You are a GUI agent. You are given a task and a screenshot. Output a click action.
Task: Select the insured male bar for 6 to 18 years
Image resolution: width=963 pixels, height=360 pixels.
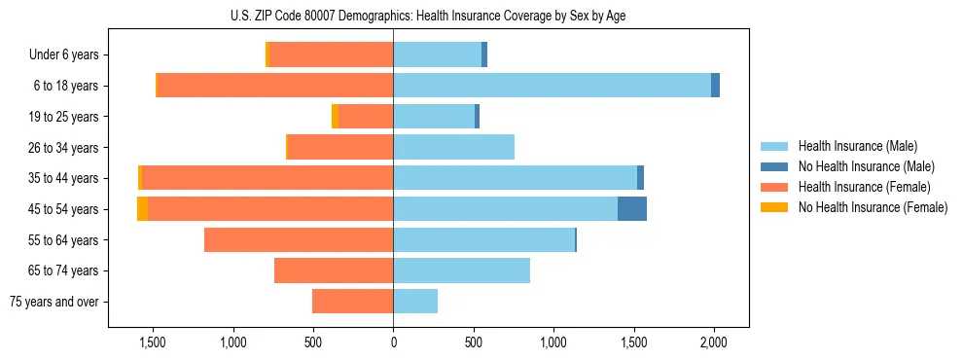point(552,86)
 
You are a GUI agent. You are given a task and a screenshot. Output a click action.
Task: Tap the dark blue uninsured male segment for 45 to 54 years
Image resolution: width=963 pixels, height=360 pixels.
point(632,208)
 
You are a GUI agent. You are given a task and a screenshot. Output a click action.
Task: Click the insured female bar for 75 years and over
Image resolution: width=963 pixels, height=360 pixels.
point(352,302)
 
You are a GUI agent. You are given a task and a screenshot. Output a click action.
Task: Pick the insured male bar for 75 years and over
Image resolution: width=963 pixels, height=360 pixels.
point(415,302)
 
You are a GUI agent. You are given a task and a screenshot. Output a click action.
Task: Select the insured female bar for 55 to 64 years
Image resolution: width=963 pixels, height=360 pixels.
point(299,239)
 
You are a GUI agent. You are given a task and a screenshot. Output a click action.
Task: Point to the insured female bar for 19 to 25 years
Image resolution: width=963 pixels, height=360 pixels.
point(366,117)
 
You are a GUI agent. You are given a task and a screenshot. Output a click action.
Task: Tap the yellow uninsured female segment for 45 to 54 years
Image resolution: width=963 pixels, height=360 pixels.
point(142,208)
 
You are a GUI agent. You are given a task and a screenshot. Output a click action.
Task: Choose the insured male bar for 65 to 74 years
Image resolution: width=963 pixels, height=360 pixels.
point(461,270)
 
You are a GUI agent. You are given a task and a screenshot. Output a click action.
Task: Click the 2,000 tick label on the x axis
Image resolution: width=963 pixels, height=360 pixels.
point(714,342)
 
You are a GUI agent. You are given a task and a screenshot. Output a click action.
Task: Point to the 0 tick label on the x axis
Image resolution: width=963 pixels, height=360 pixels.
point(393,342)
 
